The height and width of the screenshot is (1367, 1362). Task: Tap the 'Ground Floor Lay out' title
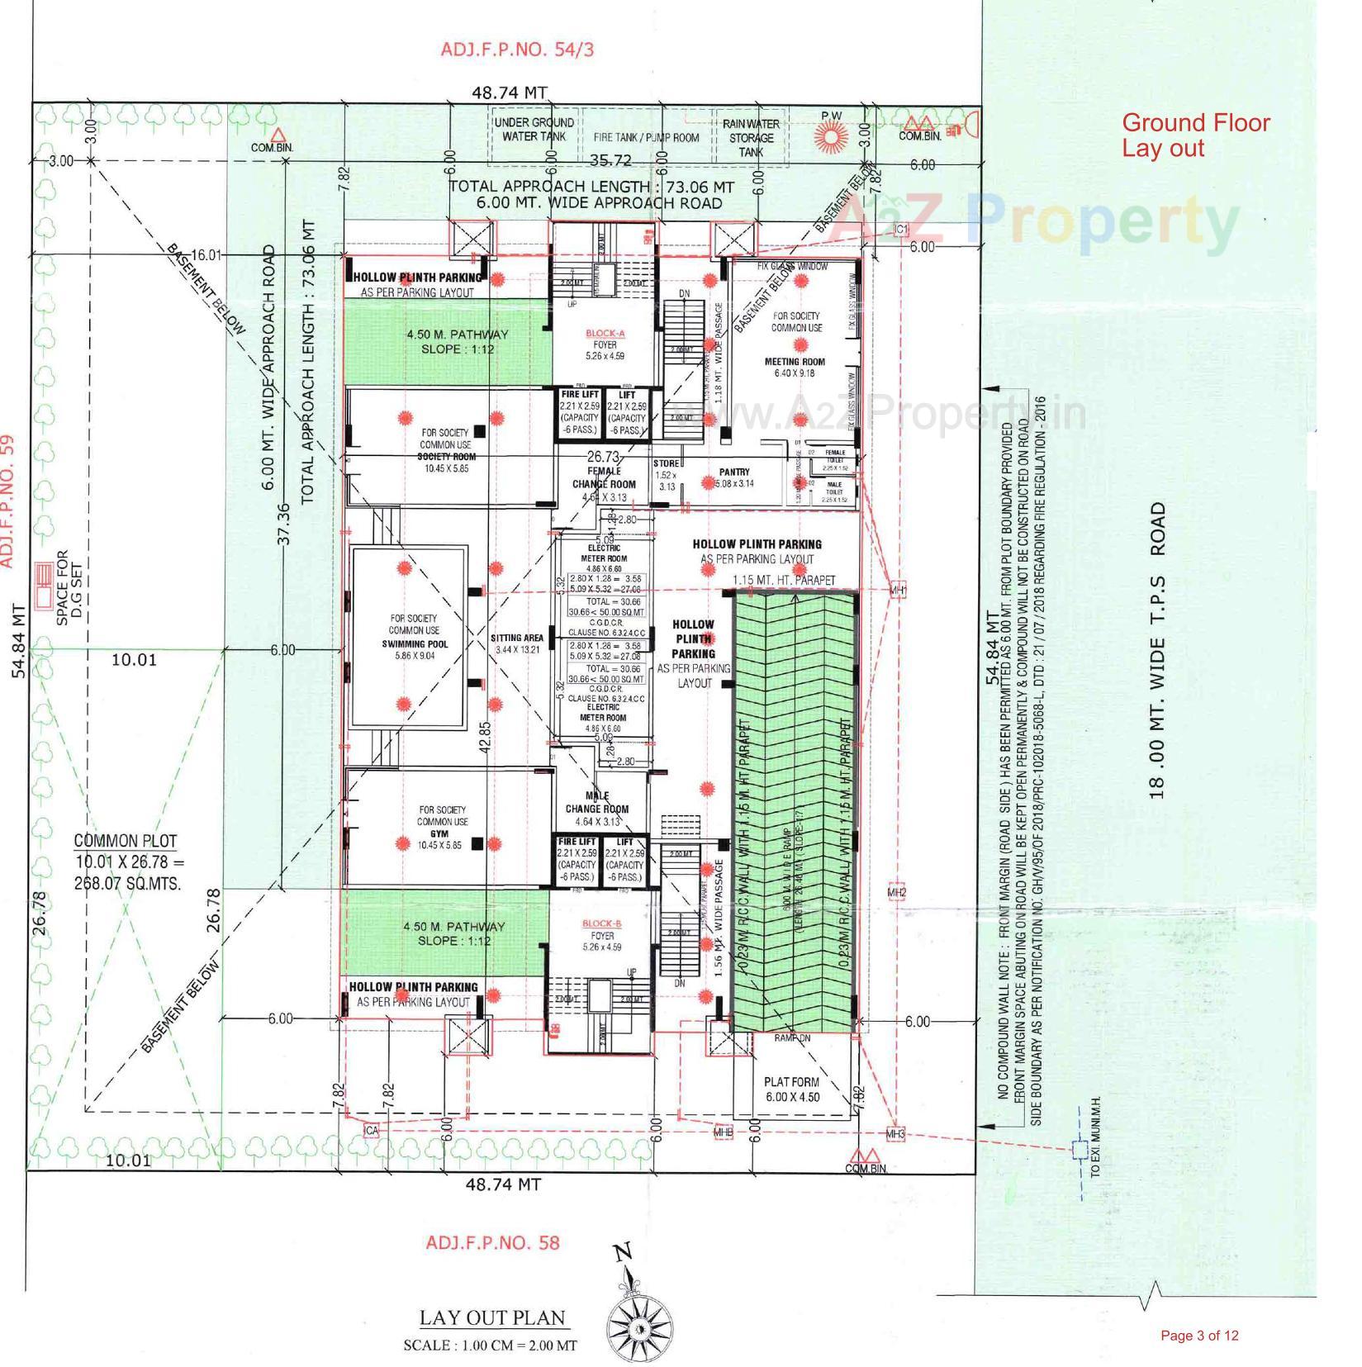pyautogui.click(x=1194, y=135)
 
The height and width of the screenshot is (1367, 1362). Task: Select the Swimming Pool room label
pyautogui.click(x=414, y=643)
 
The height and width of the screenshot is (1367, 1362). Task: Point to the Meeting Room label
pyautogui.click(x=795, y=362)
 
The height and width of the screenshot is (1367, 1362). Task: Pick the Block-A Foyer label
pyautogui.click(x=605, y=344)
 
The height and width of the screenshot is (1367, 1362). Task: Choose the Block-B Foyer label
pyautogui.click(x=602, y=935)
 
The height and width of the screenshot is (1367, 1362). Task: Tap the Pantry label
pyautogui.click(x=733, y=472)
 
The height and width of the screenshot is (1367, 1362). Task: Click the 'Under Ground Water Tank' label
pyautogui.click(x=534, y=129)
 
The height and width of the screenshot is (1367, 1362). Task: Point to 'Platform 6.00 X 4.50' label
pyautogui.click(x=791, y=1089)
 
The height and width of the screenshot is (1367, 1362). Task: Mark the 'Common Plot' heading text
pyautogui.click(x=126, y=841)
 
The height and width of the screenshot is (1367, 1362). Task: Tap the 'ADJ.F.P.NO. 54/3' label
pyautogui.click(x=516, y=49)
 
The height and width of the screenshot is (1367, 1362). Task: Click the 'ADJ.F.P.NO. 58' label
pyautogui.click(x=492, y=1242)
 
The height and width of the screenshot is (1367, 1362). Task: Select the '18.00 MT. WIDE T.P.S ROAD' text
pyautogui.click(x=1158, y=650)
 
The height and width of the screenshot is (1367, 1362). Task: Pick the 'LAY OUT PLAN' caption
pyautogui.click(x=492, y=1317)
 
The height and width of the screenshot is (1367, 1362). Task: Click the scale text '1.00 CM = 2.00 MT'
pyautogui.click(x=490, y=1345)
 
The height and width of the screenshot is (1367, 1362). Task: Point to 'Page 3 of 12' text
pyautogui.click(x=1199, y=1336)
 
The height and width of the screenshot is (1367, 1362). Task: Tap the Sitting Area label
pyautogui.click(x=517, y=638)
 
